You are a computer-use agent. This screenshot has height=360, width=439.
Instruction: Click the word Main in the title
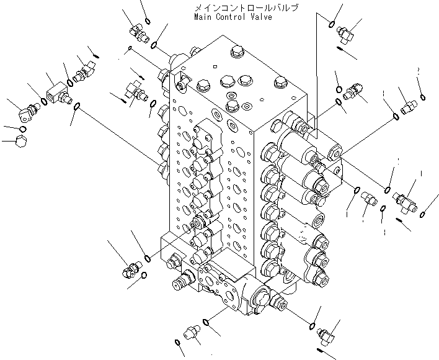(x=202, y=17)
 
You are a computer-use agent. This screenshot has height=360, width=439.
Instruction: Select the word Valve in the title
(x=260, y=17)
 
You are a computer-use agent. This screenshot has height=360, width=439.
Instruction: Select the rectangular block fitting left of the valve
(x=57, y=93)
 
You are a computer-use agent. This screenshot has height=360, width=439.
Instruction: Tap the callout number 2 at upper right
(x=420, y=71)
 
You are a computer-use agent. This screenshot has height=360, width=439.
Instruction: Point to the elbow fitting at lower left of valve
(x=131, y=269)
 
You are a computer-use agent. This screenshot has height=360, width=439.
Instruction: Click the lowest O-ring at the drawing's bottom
(x=178, y=343)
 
